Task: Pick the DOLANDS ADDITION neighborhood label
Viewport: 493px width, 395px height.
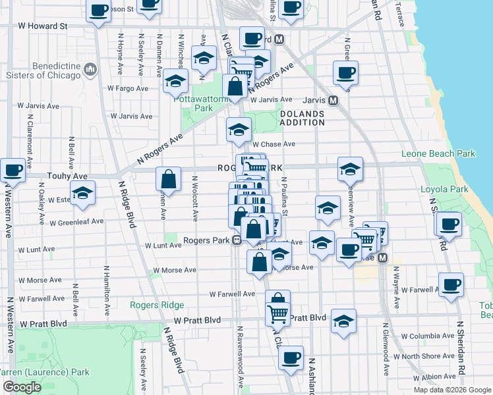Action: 302,118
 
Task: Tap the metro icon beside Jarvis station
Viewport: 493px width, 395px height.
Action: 333,100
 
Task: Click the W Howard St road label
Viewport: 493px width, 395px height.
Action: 43,26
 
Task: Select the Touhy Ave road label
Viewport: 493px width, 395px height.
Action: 67,176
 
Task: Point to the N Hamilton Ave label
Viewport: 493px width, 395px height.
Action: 105,287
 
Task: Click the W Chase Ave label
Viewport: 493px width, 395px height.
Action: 274,144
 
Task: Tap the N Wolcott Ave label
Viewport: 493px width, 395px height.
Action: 195,198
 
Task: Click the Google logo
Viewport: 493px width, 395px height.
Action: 22,387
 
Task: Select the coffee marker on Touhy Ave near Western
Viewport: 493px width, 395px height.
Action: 13,171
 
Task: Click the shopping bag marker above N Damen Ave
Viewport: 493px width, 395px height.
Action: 169,178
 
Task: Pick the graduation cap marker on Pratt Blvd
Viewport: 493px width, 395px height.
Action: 343,321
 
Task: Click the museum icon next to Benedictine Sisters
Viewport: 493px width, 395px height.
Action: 91,68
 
